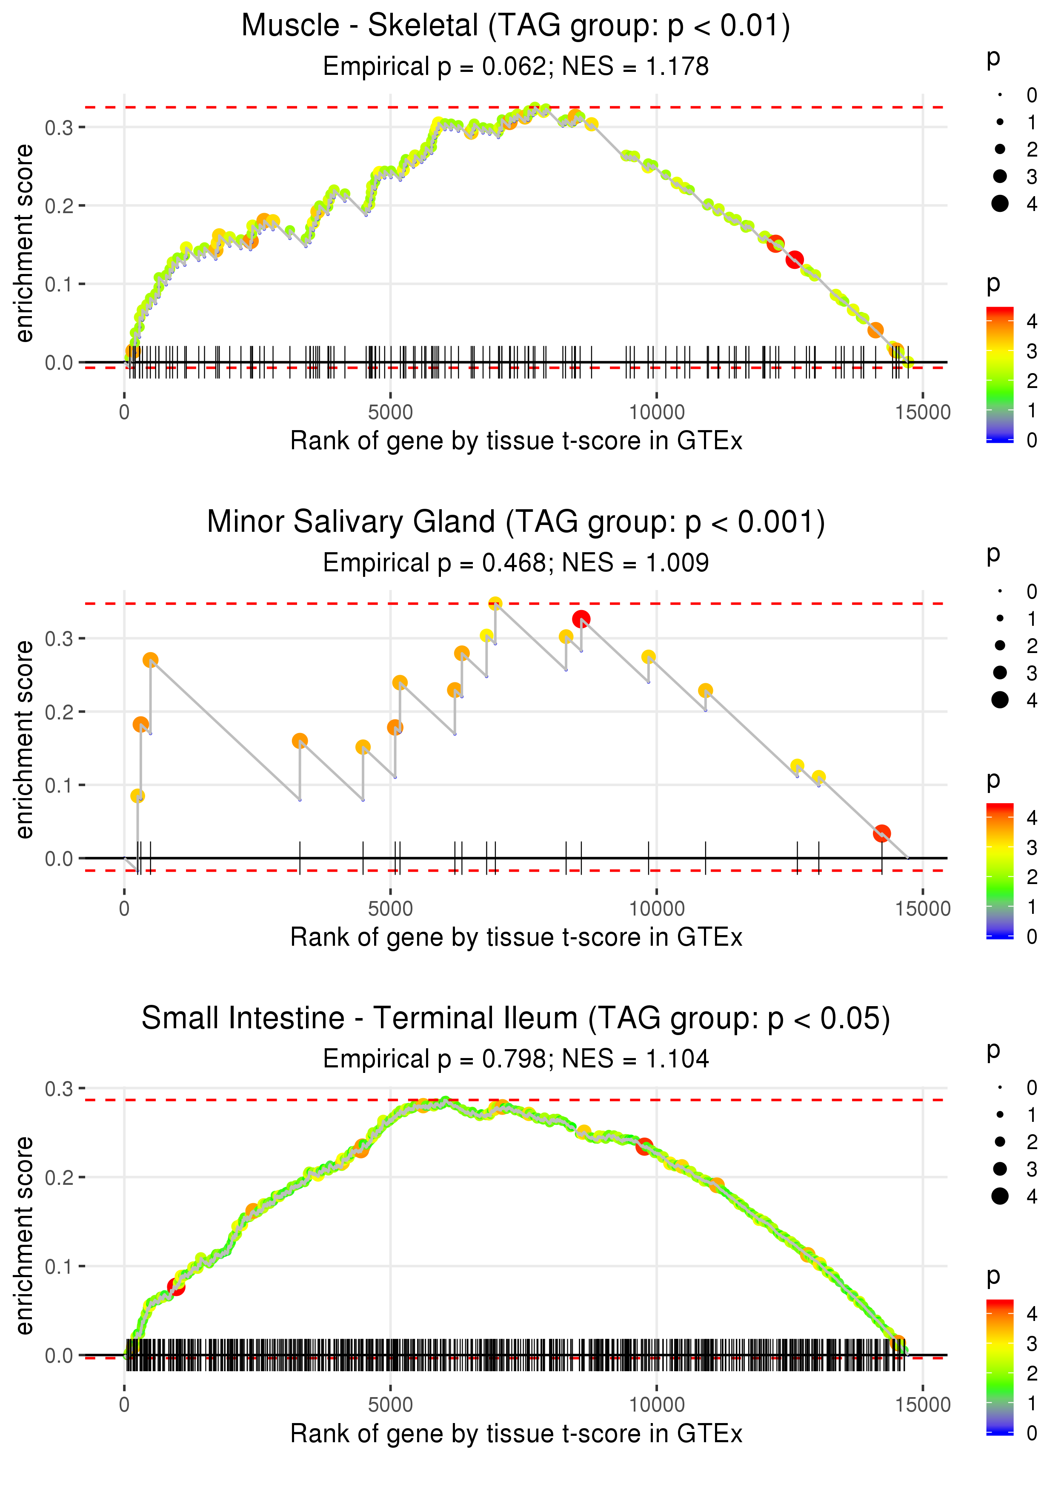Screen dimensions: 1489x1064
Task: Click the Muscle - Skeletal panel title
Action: coord(516,26)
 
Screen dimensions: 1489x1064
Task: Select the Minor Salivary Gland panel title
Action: coord(516,522)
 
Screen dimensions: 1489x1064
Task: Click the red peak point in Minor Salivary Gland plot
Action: coord(581,619)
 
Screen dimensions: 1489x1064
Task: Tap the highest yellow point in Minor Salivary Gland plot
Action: coord(495,603)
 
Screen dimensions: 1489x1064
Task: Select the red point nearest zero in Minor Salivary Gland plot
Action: coord(881,833)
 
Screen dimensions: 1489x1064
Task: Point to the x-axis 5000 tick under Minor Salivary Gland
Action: coord(390,908)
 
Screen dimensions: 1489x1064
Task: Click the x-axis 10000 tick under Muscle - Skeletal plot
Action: coord(656,413)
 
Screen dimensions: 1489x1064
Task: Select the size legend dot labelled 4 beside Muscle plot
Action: coord(1000,204)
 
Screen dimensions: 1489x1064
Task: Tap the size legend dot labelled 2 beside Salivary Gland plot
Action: coord(1000,646)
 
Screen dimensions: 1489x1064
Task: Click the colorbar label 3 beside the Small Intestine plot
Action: coord(1032,1343)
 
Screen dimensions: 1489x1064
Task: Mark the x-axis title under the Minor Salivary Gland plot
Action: coord(516,937)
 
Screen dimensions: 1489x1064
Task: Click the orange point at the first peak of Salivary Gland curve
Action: coord(150,660)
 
